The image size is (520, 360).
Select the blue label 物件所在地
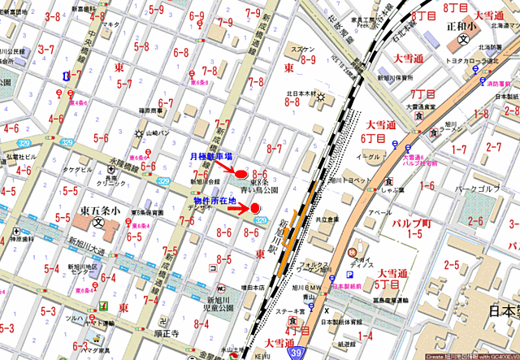(x=214, y=200)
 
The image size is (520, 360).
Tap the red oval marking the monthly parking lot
(x=241, y=171)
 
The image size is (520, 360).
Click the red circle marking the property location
(x=254, y=208)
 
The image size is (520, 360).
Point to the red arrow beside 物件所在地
(x=236, y=208)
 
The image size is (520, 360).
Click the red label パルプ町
(x=409, y=222)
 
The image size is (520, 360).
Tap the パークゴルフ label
(x=477, y=189)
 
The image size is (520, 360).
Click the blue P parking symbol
(x=352, y=275)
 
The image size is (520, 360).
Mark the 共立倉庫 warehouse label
(x=328, y=219)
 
